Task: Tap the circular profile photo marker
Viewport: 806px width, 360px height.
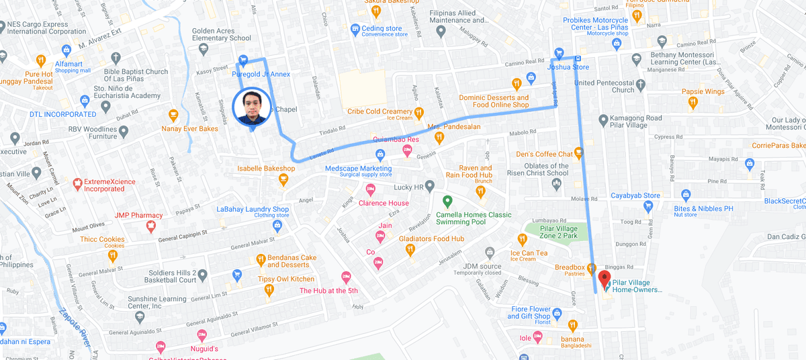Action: click(x=252, y=107)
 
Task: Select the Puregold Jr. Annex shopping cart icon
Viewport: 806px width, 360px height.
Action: click(x=243, y=60)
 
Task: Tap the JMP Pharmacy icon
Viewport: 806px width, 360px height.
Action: click(x=151, y=227)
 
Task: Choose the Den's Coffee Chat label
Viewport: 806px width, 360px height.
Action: click(x=544, y=154)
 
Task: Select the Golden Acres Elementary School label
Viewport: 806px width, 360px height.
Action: click(x=222, y=34)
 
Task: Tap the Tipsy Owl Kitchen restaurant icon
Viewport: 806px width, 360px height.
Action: click(x=269, y=290)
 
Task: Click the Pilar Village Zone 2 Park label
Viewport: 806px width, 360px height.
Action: click(x=559, y=232)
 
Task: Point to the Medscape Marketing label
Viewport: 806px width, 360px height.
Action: click(x=358, y=169)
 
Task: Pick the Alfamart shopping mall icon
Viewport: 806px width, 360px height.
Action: click(x=66, y=50)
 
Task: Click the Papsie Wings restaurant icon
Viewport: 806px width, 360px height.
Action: click(x=692, y=103)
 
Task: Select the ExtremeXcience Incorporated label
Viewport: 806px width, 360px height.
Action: click(x=104, y=185)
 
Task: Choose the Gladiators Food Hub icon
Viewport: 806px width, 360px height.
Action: click(x=410, y=250)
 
